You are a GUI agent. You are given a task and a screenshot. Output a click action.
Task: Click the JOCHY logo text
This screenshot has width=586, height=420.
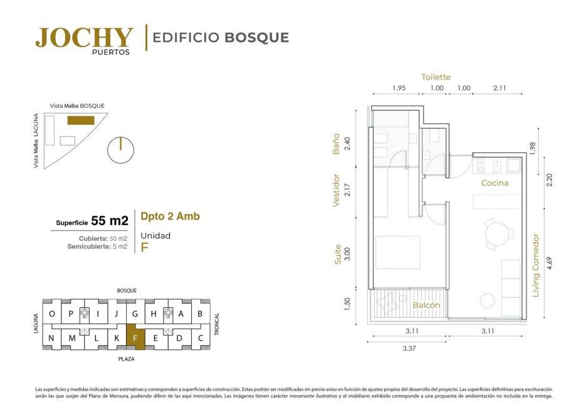point(85,38)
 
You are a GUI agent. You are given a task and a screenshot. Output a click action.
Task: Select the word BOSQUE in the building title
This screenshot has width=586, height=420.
point(257,38)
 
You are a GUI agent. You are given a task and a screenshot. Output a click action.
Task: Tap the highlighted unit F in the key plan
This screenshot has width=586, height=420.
point(135,337)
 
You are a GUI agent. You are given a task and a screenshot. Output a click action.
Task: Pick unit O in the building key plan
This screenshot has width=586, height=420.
point(52,313)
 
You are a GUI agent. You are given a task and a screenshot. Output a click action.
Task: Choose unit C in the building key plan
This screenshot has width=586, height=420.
point(201,338)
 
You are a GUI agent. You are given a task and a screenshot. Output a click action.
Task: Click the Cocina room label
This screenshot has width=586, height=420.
point(495,182)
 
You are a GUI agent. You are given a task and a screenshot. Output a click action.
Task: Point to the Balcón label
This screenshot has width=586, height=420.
point(426,305)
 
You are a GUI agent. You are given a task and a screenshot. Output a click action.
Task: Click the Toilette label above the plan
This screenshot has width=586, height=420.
point(436,77)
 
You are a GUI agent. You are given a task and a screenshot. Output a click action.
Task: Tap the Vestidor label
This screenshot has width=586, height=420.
point(335,190)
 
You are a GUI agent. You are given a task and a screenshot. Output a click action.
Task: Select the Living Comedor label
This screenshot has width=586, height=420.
point(536,265)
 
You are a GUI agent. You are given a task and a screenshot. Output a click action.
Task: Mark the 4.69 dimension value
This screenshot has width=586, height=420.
point(548,263)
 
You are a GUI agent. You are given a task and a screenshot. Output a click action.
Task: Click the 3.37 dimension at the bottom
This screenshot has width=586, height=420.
point(409,349)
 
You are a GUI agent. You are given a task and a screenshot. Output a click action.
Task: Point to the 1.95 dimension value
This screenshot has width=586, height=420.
point(399,88)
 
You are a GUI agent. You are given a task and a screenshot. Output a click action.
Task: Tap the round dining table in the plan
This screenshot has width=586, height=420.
point(497,234)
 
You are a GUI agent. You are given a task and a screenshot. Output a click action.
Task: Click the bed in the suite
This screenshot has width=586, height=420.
point(398,252)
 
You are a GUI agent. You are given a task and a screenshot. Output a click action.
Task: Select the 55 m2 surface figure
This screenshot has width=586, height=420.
point(110,221)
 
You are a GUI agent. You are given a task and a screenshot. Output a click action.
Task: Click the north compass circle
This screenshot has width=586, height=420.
point(120,150)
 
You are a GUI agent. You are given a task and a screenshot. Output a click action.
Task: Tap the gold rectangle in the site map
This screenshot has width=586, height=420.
point(81,120)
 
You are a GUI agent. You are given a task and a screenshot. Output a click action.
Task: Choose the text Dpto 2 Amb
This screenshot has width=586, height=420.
point(170,216)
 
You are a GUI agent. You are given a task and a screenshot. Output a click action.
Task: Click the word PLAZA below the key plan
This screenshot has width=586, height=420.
point(127,359)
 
